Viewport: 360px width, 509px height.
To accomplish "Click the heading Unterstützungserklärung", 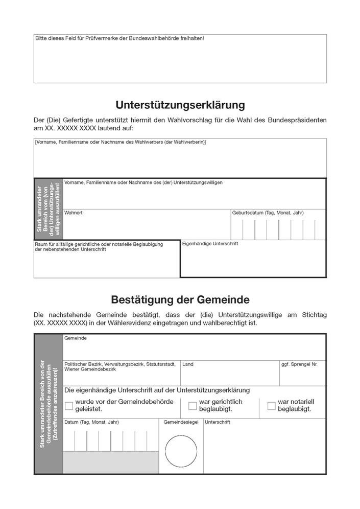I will (x=180, y=105).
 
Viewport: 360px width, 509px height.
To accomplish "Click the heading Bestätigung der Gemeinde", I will (x=180, y=299).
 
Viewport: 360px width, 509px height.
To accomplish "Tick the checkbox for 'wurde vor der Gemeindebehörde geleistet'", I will (x=69, y=406).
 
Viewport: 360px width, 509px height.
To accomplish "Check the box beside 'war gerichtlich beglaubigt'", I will (x=193, y=406).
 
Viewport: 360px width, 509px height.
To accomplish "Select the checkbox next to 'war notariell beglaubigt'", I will (x=272, y=406).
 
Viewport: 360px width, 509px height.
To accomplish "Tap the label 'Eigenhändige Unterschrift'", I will (x=210, y=244).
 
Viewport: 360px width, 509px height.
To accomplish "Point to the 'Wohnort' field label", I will (x=73, y=213).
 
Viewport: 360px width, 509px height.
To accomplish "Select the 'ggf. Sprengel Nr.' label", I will (x=299, y=364).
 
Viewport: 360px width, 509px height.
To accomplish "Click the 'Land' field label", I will (x=187, y=364).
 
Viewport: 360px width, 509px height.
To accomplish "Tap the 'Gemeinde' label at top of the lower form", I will (x=75, y=338).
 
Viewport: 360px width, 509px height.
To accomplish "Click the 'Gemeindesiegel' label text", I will (x=181, y=423).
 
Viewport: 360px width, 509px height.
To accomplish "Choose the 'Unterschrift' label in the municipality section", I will (x=217, y=423).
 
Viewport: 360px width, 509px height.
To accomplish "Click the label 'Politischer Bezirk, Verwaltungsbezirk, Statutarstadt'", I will (x=120, y=364).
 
